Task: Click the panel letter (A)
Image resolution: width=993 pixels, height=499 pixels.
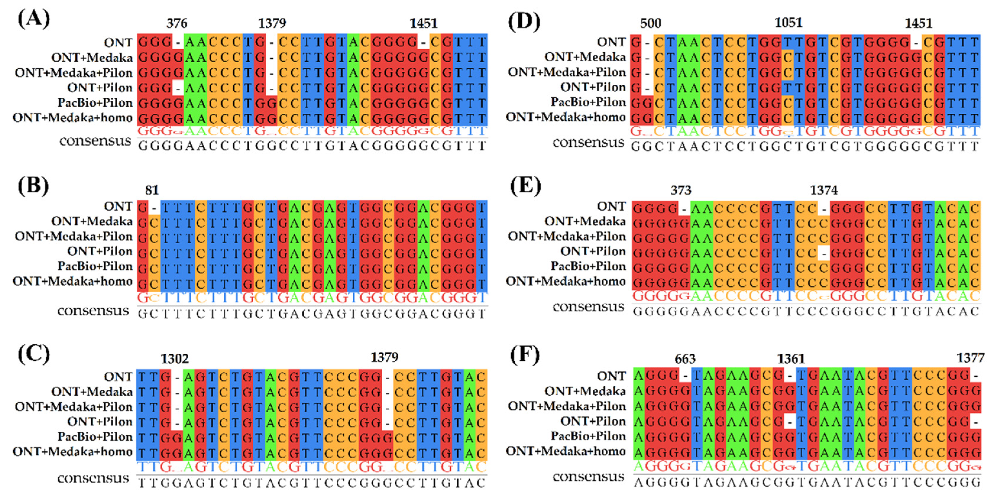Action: coord(34,19)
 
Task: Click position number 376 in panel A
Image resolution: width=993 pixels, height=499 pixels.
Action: coord(177,24)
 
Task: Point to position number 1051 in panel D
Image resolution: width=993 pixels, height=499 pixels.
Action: coord(788,23)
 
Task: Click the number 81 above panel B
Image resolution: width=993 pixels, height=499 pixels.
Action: coord(152,190)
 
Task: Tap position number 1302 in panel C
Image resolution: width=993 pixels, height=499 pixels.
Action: coord(175,359)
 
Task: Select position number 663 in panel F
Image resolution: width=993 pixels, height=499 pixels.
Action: coord(685,359)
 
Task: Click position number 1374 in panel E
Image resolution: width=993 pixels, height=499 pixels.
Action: coord(824,190)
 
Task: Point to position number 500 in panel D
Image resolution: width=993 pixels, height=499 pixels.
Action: coord(651,24)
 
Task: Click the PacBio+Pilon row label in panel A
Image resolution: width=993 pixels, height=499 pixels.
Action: coord(95,103)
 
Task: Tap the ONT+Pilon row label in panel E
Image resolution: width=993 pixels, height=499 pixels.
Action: coord(593,251)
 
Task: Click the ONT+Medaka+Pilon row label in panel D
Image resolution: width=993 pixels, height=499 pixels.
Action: coord(567,72)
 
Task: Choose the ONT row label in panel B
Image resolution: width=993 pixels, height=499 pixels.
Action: coord(118,206)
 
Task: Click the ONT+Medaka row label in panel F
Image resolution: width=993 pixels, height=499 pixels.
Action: coord(585,391)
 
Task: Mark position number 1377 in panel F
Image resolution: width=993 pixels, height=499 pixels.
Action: coord(970,358)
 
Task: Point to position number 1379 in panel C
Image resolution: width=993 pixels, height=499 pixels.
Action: coord(384,357)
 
